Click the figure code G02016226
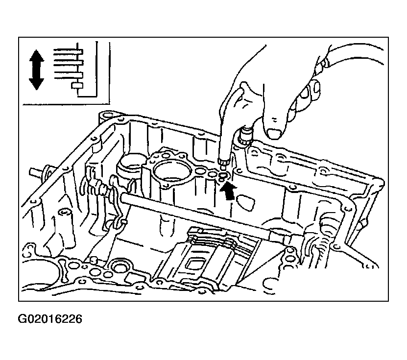[49, 319]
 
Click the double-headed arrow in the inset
[36, 70]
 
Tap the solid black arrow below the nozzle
[228, 191]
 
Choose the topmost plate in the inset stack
[68, 51]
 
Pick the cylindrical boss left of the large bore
[130, 166]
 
